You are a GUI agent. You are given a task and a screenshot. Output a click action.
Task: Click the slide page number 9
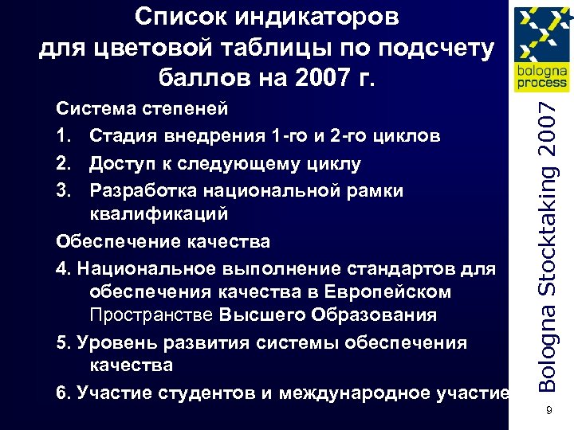[x=549, y=410]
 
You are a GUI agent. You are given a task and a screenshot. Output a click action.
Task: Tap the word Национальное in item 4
[x=145, y=268]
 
